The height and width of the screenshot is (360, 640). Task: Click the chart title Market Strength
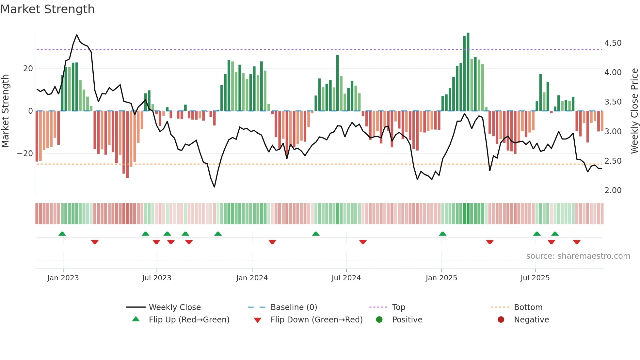tap(47, 9)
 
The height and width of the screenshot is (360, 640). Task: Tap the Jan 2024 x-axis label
tap(252, 278)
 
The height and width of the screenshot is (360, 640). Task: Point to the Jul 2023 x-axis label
tap(156, 278)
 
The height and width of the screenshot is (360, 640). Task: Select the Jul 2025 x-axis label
tap(535, 278)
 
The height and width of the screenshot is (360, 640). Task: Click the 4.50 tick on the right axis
tap(613, 43)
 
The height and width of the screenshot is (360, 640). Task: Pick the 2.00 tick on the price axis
tap(613, 190)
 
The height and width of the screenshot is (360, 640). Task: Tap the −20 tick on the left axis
tap(25, 154)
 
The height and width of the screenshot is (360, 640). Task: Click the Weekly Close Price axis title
tap(634, 111)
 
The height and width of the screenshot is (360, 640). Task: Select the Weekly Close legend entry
tap(174, 307)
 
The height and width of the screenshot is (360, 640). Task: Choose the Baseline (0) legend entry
tap(294, 307)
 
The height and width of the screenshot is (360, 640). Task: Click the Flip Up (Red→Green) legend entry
tap(189, 320)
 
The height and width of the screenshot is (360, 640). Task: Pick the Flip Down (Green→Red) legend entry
tap(316, 320)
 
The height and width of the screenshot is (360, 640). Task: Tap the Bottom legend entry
tap(528, 307)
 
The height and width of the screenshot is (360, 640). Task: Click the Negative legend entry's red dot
tap(501, 320)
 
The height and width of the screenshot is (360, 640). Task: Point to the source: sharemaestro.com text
tap(578, 256)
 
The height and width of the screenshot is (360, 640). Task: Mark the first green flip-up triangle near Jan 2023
tap(62, 234)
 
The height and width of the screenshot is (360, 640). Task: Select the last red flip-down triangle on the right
tap(577, 242)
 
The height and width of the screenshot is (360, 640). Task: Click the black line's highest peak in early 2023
tap(77, 35)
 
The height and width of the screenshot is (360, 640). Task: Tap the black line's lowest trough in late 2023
tap(215, 187)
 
